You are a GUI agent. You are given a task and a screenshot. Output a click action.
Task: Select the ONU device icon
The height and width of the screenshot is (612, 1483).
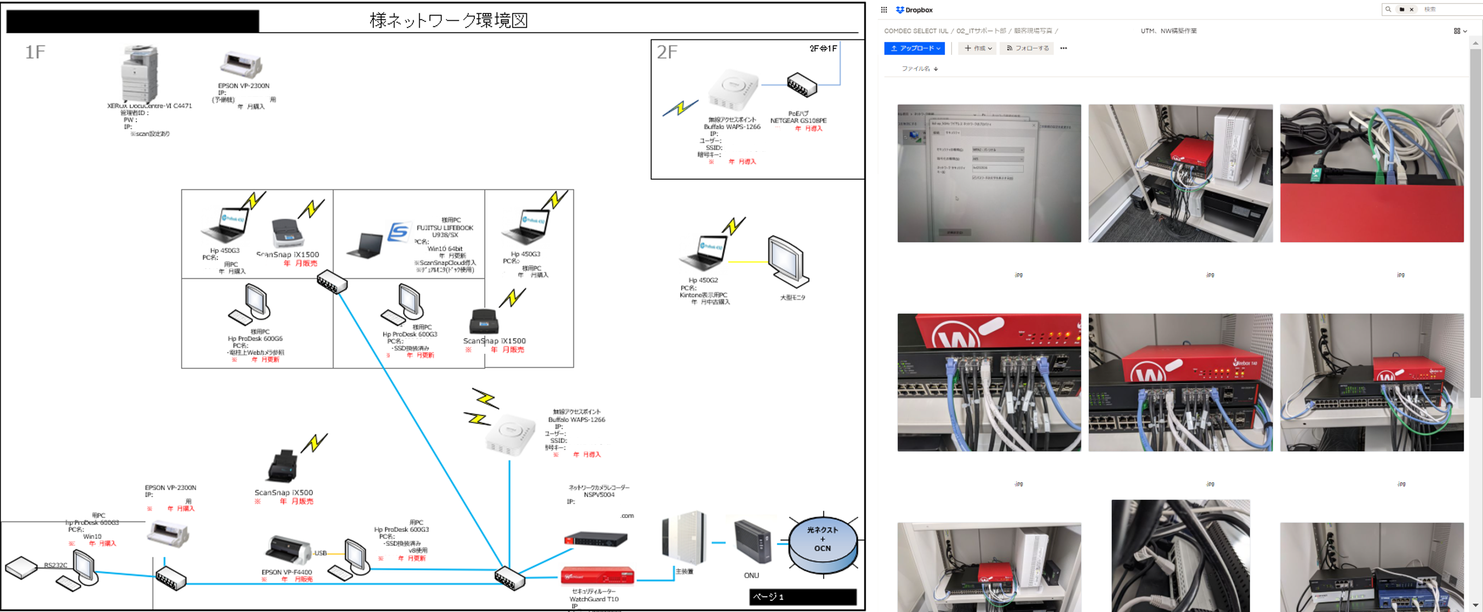click(x=752, y=542)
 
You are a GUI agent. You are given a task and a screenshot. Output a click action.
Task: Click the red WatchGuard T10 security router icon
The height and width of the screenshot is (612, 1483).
click(x=597, y=575)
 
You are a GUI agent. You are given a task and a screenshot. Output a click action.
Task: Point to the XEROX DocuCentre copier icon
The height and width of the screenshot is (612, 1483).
click(x=139, y=73)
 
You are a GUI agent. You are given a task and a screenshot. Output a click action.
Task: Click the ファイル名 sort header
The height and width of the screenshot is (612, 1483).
click(x=919, y=68)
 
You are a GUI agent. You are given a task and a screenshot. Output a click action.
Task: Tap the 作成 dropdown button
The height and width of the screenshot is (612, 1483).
click(x=978, y=48)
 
